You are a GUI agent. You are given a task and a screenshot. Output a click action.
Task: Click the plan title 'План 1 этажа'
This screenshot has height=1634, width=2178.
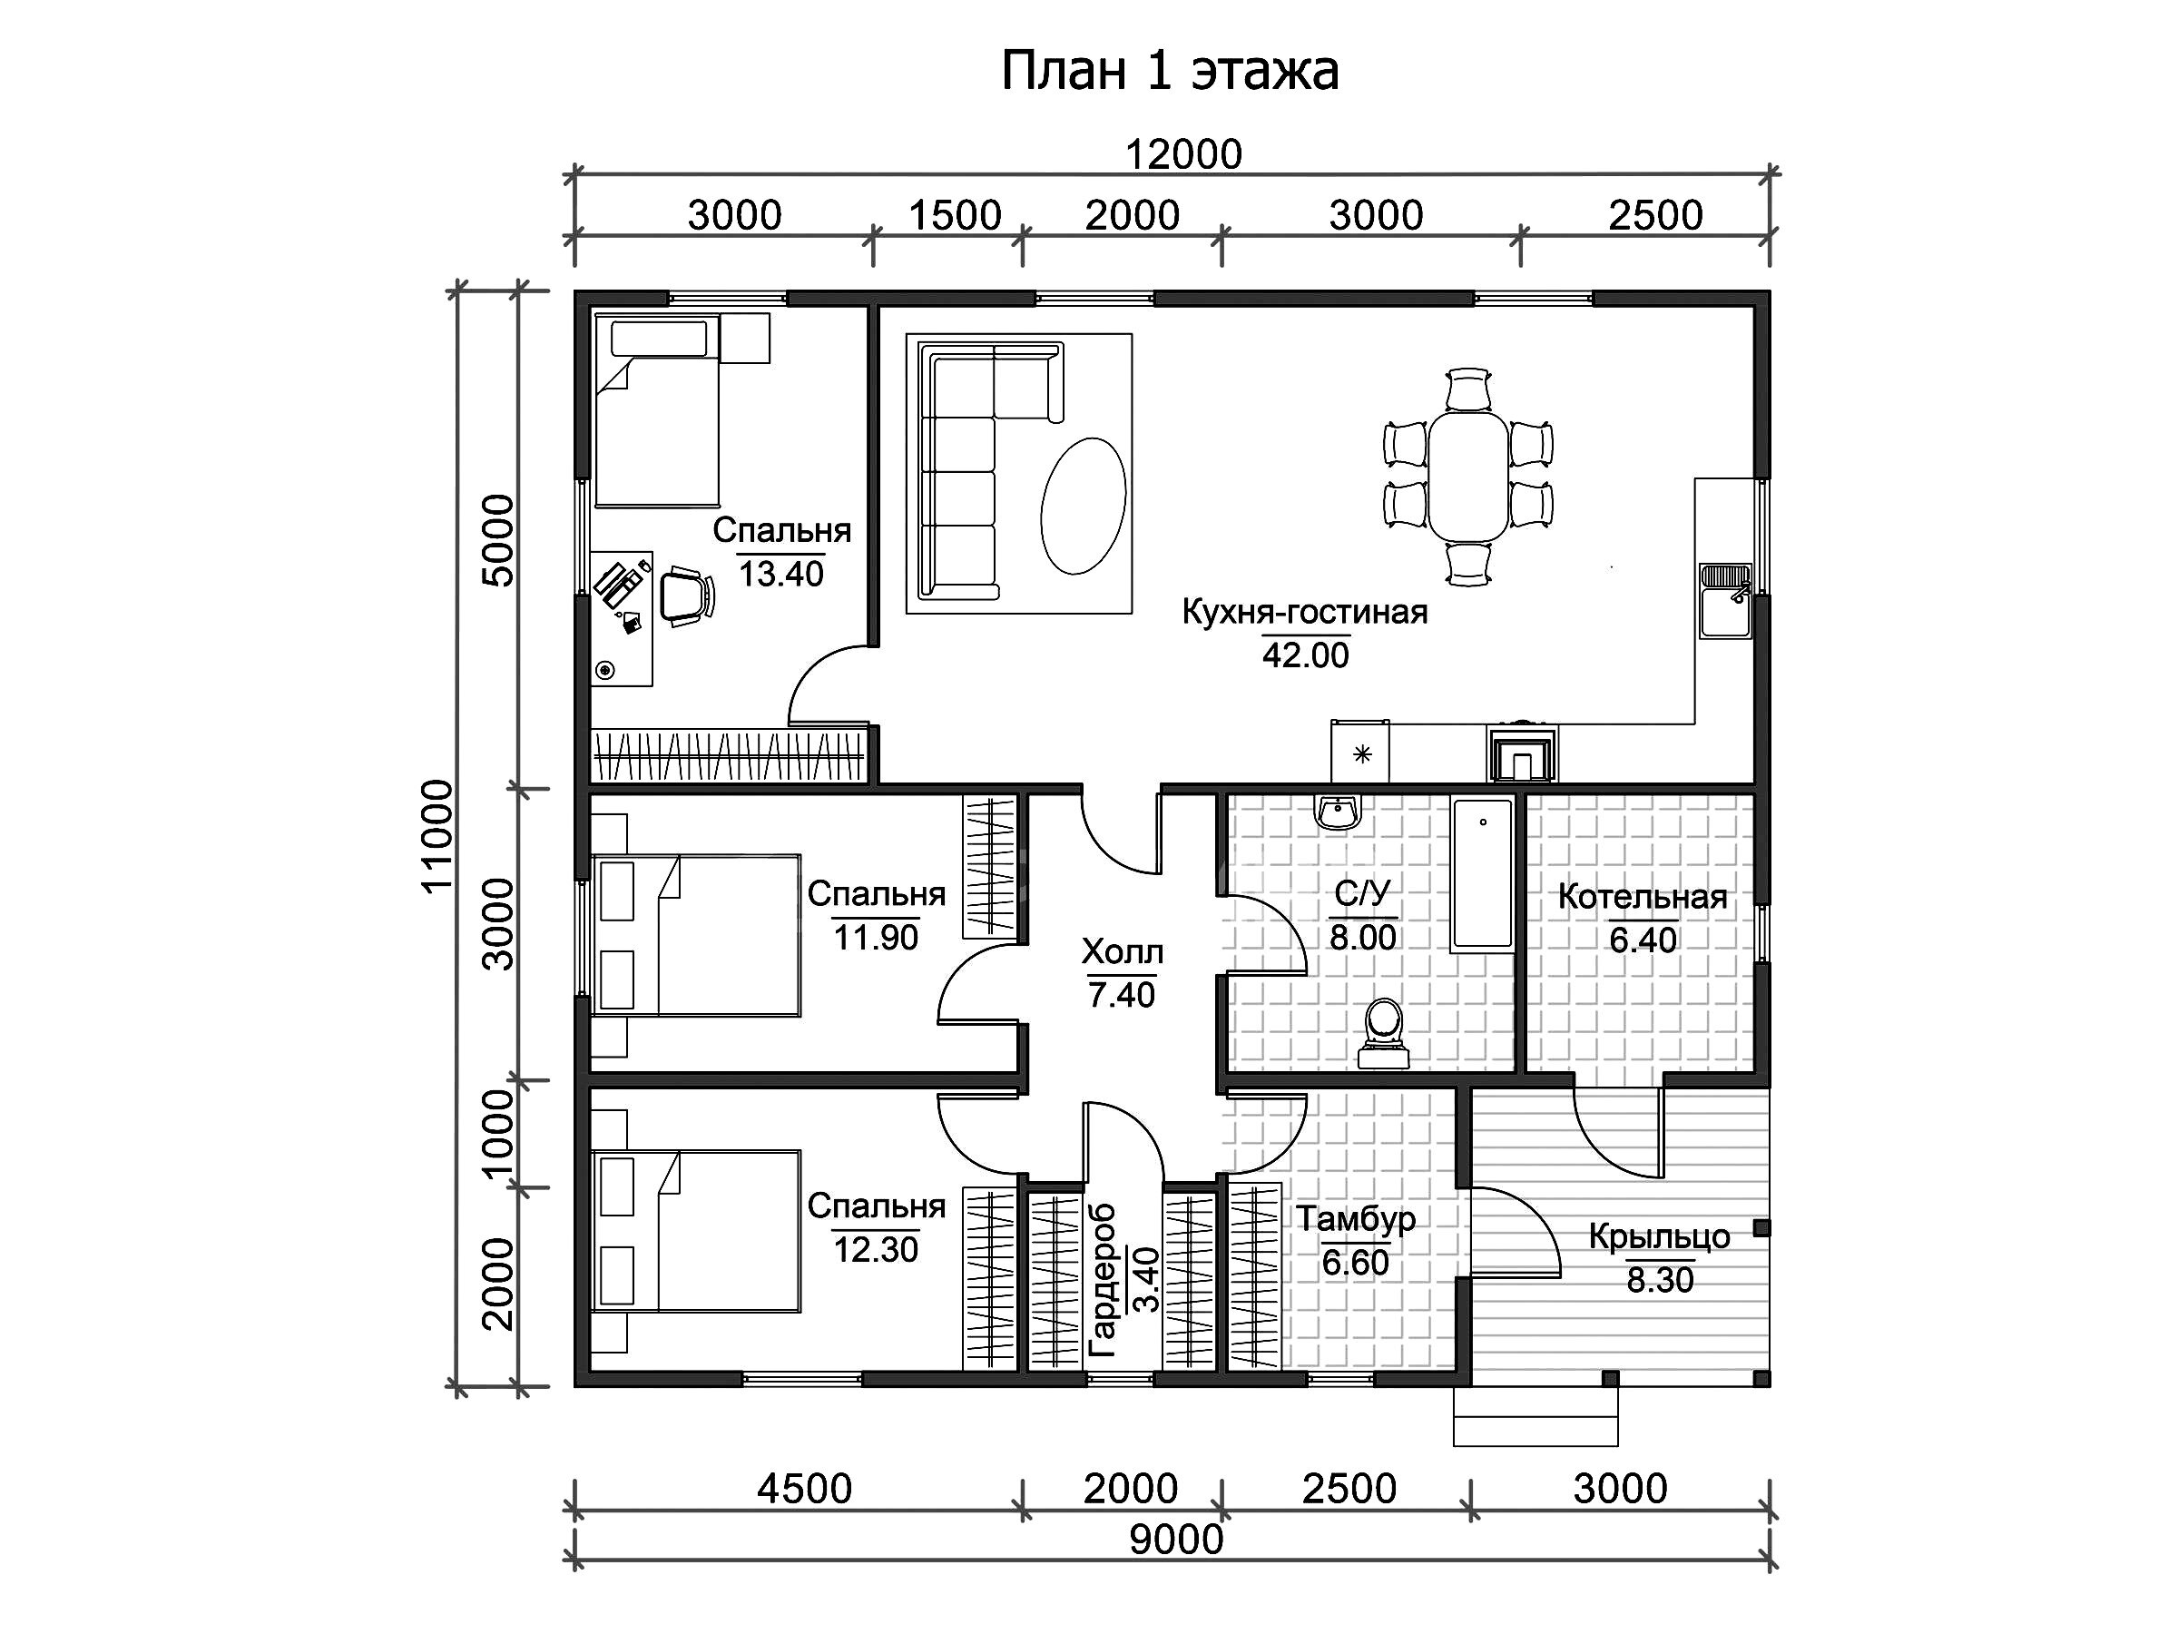coord(1170,71)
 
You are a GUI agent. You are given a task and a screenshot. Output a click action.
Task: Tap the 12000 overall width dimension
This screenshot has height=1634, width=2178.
coord(1183,154)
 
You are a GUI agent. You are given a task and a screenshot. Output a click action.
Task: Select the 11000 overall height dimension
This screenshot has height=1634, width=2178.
coord(437,836)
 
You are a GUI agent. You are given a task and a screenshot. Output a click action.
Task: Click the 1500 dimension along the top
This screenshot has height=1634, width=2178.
coord(954,215)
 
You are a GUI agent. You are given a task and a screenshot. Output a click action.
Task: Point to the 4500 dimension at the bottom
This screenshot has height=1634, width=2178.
coord(804,1488)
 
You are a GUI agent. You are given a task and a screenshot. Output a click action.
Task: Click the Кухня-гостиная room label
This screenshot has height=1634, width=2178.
coord(1305,612)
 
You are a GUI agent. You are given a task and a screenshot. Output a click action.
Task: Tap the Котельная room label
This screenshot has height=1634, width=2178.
coord(1643,897)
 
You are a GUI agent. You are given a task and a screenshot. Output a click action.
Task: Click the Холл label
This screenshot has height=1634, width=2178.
coord(1123,951)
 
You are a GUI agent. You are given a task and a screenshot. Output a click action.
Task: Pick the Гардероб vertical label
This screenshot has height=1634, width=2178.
coord(1103,1280)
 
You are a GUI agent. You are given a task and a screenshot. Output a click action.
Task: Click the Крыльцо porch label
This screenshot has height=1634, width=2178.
coord(1659,1237)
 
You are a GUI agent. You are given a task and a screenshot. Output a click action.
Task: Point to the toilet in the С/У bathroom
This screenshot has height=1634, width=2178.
coord(1383,1034)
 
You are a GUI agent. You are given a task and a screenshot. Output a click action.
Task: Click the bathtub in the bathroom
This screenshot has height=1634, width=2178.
coord(1482,874)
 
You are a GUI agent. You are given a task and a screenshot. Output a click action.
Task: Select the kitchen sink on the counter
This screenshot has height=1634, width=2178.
coord(1725,601)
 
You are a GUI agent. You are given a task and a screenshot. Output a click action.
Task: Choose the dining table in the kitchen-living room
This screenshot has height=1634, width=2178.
coord(1468,477)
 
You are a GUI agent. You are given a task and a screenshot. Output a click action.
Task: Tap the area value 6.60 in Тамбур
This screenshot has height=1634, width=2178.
coord(1355,1263)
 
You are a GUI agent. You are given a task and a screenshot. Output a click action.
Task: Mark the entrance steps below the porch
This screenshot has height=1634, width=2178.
coord(1535,1416)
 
